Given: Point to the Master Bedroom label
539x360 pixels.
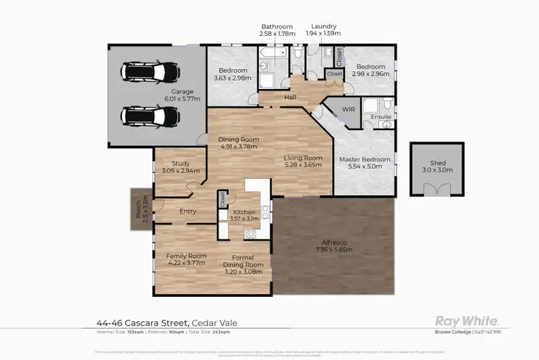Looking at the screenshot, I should [x=366, y=159].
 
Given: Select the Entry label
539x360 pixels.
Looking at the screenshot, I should [x=188, y=211].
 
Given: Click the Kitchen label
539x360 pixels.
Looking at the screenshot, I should [x=243, y=213].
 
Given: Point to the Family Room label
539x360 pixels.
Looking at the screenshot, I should [x=186, y=255].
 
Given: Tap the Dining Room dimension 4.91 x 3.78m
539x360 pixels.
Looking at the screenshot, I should [x=239, y=147].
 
